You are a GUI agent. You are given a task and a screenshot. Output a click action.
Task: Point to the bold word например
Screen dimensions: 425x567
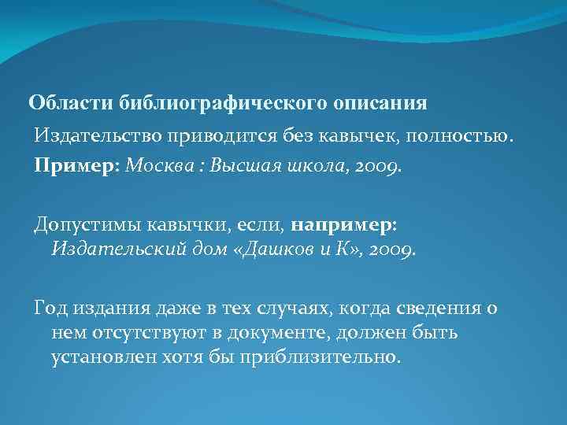point(343,226)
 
